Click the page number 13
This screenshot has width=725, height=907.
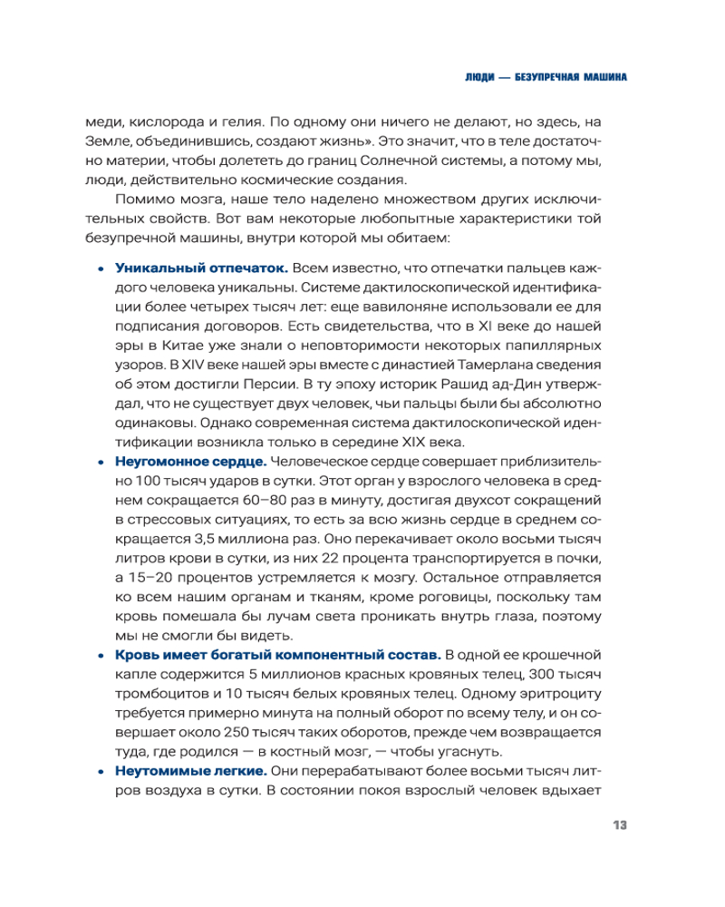point(620,824)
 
